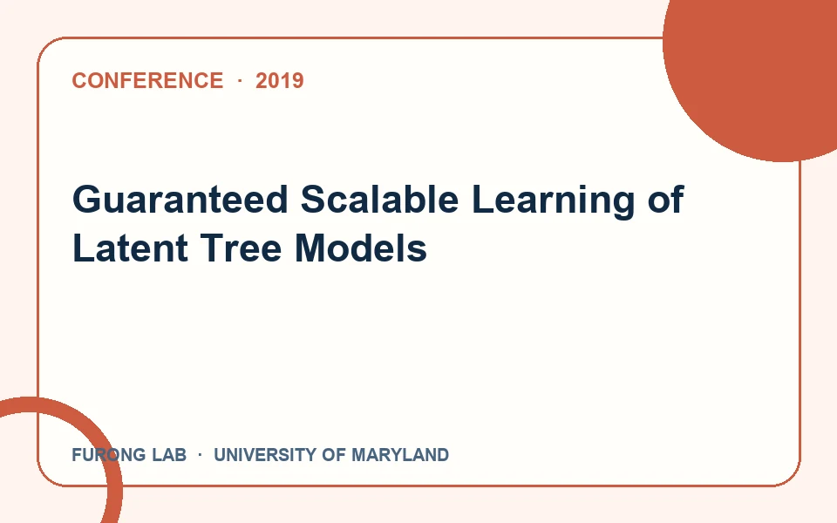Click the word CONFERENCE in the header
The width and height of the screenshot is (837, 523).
point(147,80)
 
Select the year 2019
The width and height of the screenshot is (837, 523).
point(280,80)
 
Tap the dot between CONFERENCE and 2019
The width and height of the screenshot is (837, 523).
point(240,80)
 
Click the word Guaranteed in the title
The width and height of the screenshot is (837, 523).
point(180,200)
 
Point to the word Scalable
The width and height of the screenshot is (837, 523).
point(379,199)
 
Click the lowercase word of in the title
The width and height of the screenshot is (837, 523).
point(665,199)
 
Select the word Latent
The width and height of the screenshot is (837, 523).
point(130,248)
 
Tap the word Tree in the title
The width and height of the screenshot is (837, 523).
point(241,248)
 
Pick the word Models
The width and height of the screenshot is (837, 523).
point(361,248)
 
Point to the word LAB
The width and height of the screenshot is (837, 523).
point(169,455)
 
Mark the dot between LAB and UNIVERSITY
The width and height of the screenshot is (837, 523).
point(201,455)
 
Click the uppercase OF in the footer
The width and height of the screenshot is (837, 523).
point(334,455)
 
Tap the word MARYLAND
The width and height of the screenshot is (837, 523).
point(400,455)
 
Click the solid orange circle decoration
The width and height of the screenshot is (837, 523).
point(758,70)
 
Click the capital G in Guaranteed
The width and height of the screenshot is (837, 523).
point(87,200)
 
